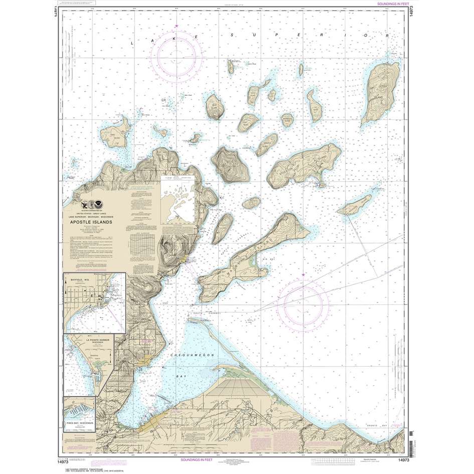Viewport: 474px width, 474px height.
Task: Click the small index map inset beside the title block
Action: [178, 201]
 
